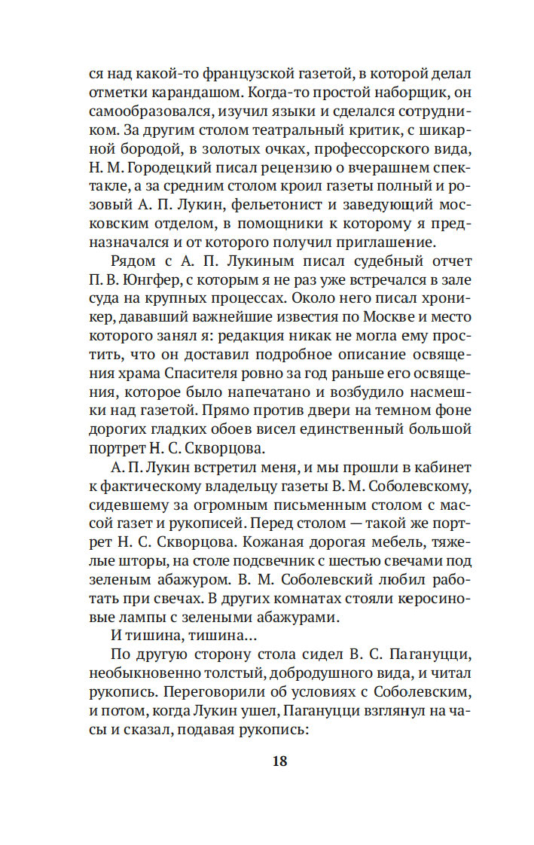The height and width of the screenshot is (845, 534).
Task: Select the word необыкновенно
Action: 147,673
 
